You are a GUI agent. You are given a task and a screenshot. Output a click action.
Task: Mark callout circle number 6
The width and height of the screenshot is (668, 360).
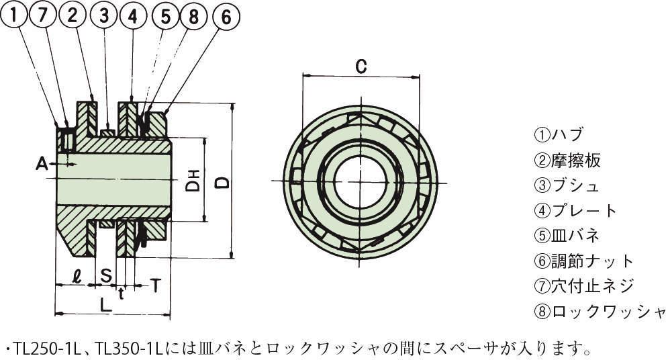(x=226, y=17)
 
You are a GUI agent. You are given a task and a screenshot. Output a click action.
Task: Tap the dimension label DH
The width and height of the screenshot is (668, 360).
(x=193, y=180)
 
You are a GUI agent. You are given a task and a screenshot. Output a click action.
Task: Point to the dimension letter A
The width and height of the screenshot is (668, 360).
(x=42, y=163)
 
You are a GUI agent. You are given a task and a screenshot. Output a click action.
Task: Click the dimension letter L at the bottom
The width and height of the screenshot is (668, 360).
(x=105, y=304)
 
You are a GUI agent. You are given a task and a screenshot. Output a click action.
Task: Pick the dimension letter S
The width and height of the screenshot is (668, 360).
(x=106, y=275)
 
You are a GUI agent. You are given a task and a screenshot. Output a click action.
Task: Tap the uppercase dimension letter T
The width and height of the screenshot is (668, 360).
(x=154, y=285)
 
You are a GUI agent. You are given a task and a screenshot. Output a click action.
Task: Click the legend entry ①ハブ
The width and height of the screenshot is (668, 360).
(x=559, y=134)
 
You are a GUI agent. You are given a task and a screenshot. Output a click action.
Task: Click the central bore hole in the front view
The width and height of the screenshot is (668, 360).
(x=360, y=181)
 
